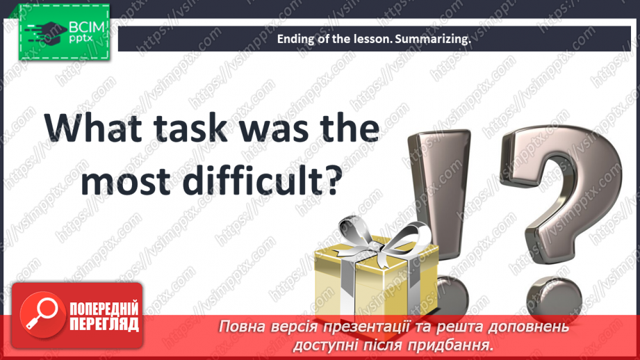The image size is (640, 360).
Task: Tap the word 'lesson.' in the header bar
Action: pyautogui.click(x=371, y=40)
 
